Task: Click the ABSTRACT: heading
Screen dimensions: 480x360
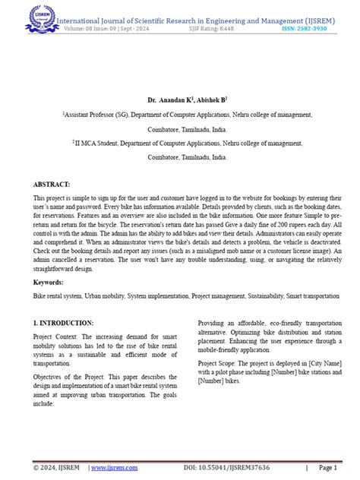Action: pyautogui.click(x=52, y=185)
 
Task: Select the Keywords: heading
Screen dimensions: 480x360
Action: pyautogui.click(x=49, y=281)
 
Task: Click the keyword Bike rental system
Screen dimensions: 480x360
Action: pyautogui.click(x=57, y=295)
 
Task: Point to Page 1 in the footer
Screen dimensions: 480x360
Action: pyautogui.click(x=329, y=468)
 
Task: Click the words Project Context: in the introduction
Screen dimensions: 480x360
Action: pyautogui.click(x=55, y=336)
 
